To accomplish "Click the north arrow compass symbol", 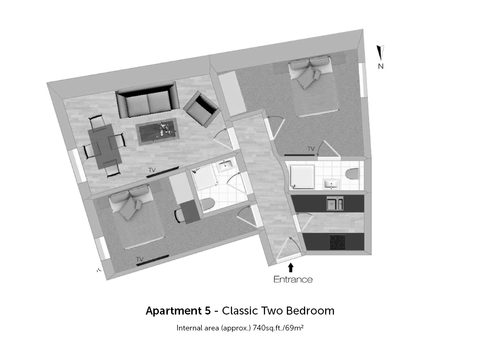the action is coord(381,52).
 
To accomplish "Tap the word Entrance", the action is coord(293,279).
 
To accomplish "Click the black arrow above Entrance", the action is coord(291,268).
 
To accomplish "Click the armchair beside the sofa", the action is coord(202,109).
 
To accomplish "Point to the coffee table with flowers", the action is coord(158,132).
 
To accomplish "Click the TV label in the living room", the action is coord(152,170).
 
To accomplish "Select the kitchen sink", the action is coord(335,203).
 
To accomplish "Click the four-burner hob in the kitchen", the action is coord(337,242).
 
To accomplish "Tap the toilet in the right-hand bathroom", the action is coord(352,174).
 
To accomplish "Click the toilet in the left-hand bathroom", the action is coord(208,205).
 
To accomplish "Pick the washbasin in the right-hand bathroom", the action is coord(331,184).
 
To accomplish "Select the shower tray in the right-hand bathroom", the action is coord(302,177).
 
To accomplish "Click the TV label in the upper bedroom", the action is coord(311,149).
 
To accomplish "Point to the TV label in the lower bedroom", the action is coord(140,259).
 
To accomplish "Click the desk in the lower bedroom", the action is coord(190,212).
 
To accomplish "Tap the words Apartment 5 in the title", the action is coord(178,311).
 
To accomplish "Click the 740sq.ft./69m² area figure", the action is coord(278,328).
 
